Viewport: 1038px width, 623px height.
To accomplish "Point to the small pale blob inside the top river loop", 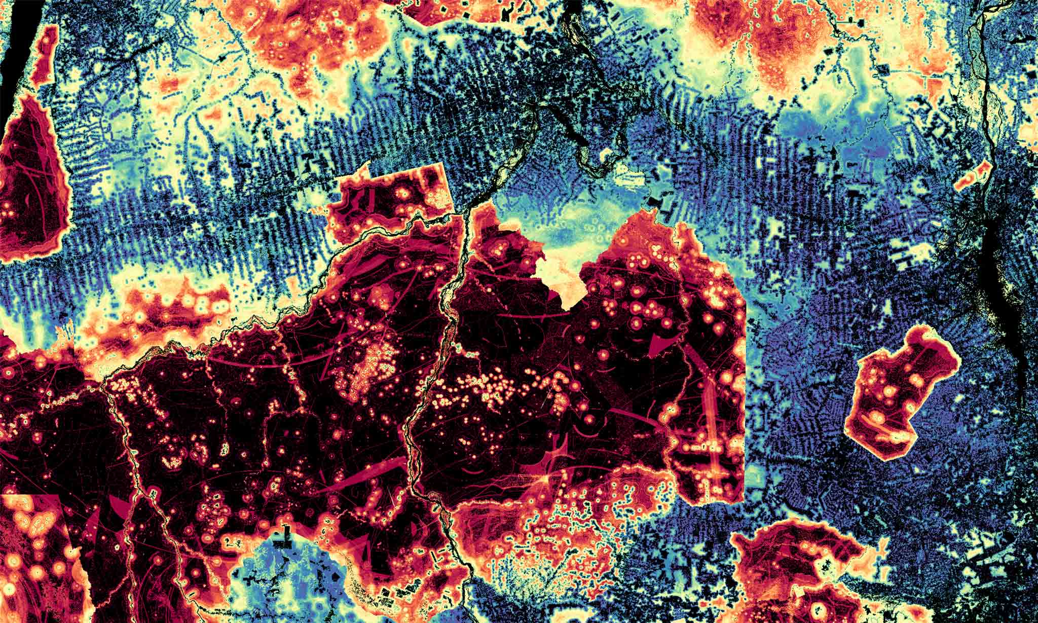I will (606, 155).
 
